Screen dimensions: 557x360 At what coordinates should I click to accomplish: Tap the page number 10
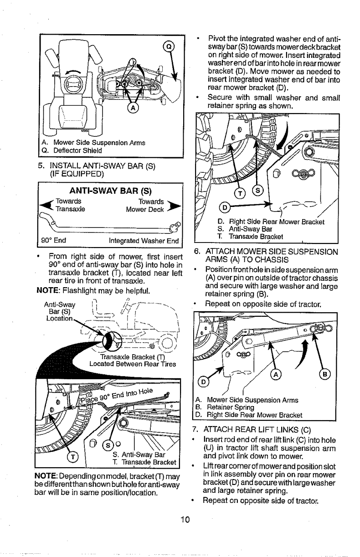[184, 529]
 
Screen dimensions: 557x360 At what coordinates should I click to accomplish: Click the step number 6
[196, 251]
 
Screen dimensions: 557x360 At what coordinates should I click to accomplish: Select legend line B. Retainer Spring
[224, 407]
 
